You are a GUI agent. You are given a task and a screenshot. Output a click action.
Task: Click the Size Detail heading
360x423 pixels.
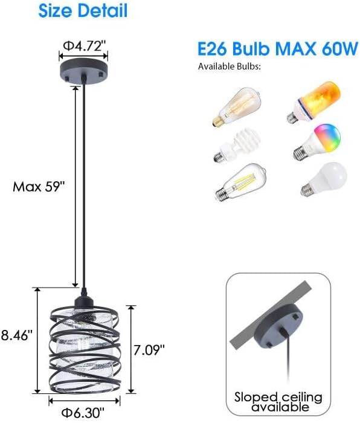click(83, 10)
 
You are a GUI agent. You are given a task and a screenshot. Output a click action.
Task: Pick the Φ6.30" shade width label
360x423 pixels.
click(85, 413)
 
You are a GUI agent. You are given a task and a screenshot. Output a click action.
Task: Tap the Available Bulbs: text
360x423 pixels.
click(230, 66)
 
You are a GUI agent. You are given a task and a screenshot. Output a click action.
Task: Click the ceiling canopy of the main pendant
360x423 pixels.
click(85, 71)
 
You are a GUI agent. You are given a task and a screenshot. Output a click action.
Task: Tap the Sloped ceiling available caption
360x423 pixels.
click(278, 402)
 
